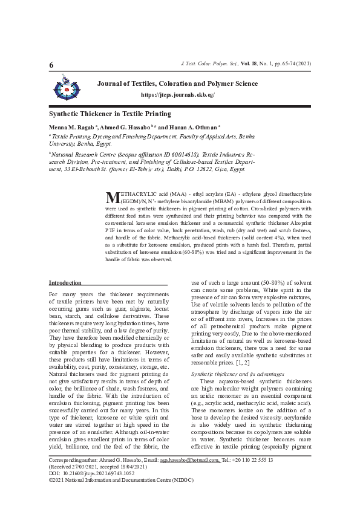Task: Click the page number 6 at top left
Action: (x=51, y=65)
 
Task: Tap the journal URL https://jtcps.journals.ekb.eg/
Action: (x=177, y=96)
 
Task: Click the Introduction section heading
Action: (x=65, y=283)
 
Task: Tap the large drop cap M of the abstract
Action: (x=111, y=198)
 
